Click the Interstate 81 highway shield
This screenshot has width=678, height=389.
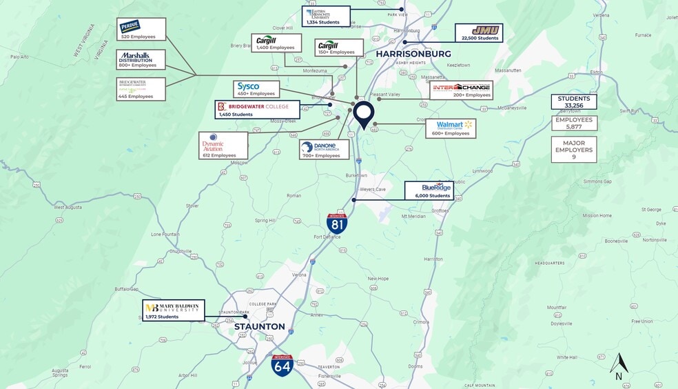pyautogui.click(x=337, y=222)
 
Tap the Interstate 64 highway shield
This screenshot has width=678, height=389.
pyautogui.click(x=282, y=365)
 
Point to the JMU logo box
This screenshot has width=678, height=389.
pyautogui.click(x=478, y=33)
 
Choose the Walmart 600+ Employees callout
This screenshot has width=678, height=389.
pyautogui.click(x=451, y=128)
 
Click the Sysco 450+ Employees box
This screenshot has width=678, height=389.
pyautogui.click(x=256, y=89)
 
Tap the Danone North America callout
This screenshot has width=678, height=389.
pyautogui.click(x=324, y=150)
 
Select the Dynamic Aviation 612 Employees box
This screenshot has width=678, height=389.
pyautogui.click(x=223, y=146)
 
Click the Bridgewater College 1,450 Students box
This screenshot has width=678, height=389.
pyautogui.click(x=257, y=110)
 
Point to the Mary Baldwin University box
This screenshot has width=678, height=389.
pyautogui.click(x=173, y=311)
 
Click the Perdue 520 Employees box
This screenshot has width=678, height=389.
pyautogui.click(x=141, y=30)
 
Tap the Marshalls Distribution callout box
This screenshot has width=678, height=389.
pyautogui.click(x=141, y=59)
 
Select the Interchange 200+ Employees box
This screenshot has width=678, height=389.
pyautogui.click(x=461, y=90)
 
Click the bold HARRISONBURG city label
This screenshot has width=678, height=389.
pyautogui.click(x=413, y=54)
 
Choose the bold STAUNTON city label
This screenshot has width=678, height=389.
pyautogui.click(x=260, y=326)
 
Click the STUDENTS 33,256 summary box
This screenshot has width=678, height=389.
pyautogui.click(x=573, y=101)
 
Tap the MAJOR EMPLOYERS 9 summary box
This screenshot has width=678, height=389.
pyautogui.click(x=573, y=149)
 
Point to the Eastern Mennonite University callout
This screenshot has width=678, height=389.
pyautogui.click(x=326, y=17)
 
